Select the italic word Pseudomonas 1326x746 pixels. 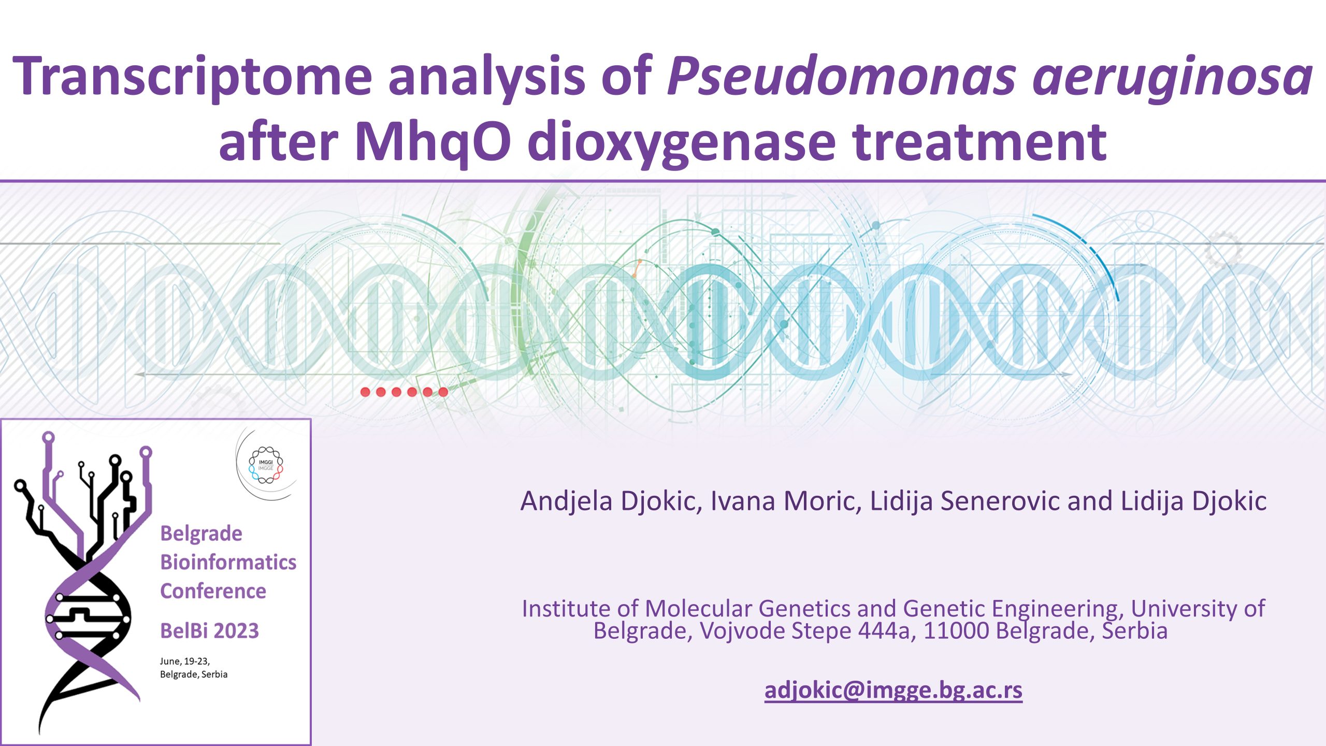point(842,77)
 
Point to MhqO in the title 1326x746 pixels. point(433,142)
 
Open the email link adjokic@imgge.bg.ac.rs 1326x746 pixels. point(893,690)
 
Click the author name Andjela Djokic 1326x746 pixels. point(612,501)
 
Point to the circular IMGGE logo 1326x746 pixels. point(266,465)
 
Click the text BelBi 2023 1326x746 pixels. point(209,631)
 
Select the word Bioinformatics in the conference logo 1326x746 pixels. point(228,562)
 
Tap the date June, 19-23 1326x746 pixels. point(185,662)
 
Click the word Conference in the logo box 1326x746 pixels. point(213,591)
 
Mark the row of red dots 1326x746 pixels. point(404,392)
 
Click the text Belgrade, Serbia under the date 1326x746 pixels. point(194,675)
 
